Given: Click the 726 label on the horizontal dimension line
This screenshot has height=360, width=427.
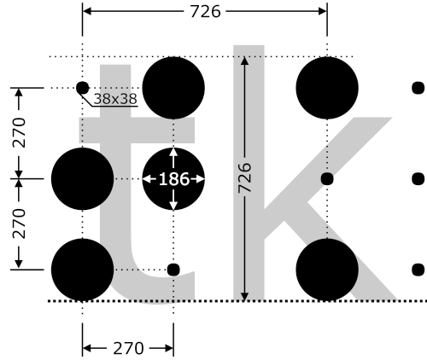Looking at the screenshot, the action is pyautogui.click(x=205, y=12).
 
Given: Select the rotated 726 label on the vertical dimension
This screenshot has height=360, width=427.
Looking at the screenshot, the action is pyautogui.click(x=245, y=177).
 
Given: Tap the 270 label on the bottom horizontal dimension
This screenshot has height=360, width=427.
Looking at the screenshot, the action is pyautogui.click(x=128, y=348).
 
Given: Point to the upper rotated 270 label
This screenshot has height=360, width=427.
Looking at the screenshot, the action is pyautogui.click(x=19, y=132).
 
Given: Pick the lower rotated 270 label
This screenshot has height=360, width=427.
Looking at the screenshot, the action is pyautogui.click(x=19, y=224).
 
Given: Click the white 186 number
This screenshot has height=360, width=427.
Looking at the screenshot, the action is pyautogui.click(x=173, y=179).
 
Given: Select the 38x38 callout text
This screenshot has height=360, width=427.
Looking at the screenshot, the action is pyautogui.click(x=115, y=99).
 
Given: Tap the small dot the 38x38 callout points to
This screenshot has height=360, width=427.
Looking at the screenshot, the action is pyautogui.click(x=83, y=88).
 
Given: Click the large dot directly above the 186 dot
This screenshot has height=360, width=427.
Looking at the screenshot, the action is pyautogui.click(x=173, y=88).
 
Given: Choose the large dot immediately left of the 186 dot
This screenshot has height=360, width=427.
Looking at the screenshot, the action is pyautogui.click(x=83, y=179).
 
